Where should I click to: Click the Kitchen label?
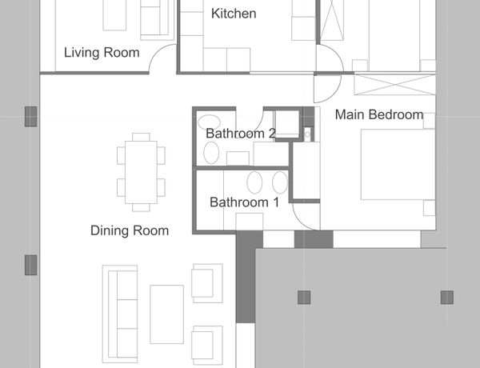point(234,14)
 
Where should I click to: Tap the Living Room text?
point(102,53)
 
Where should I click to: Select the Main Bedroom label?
point(379,115)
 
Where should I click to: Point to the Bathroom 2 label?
point(241,134)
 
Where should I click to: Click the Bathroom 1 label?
point(244,202)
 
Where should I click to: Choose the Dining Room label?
point(130,231)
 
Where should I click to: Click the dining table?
point(141,172)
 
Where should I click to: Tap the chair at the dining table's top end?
point(141,137)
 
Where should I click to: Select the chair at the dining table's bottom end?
point(141,207)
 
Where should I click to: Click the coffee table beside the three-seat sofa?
point(167,314)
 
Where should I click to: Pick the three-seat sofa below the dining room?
point(120,314)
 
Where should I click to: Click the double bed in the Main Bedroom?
point(398,165)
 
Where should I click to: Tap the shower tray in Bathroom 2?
point(287,124)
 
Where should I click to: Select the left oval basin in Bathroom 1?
point(254,182)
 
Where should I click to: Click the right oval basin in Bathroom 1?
point(280,182)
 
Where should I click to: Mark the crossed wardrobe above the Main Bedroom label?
point(395,84)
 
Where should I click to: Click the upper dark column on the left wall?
point(31,117)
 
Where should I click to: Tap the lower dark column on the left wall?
point(31,265)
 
